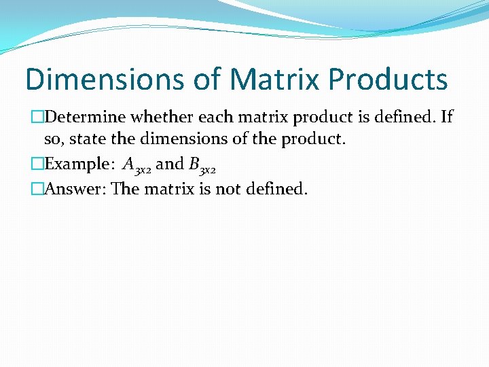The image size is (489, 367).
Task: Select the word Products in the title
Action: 388,79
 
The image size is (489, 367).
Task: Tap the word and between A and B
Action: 170,164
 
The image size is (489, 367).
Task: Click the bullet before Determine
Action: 37,118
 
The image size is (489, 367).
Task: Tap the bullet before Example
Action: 37,164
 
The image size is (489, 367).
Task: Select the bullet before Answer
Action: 37,189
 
